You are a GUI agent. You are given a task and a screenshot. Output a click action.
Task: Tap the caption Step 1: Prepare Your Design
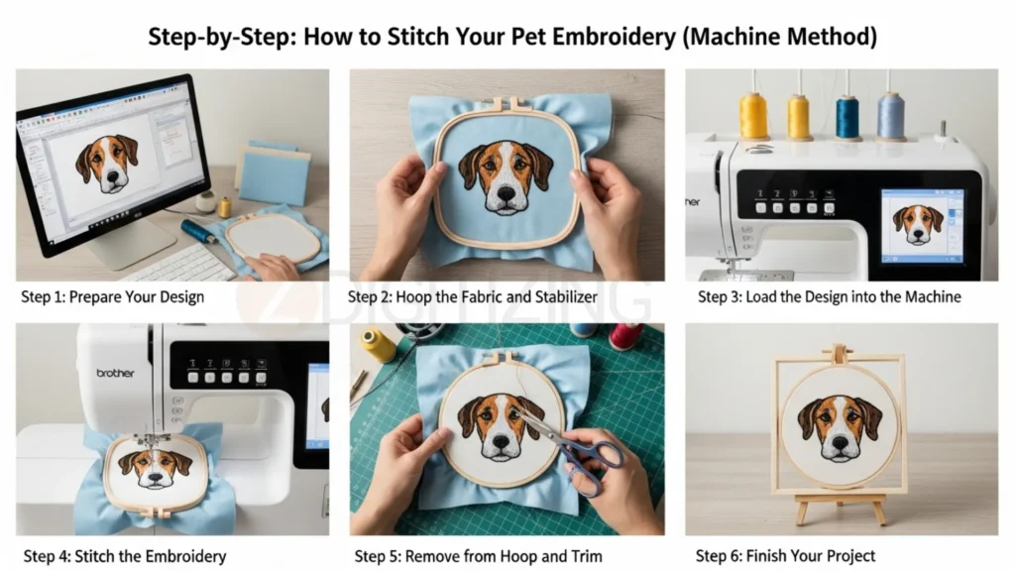coord(112,296)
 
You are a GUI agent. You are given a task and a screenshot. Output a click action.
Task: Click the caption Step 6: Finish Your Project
coord(785,555)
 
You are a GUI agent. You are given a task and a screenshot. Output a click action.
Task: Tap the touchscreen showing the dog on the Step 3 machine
coord(921,224)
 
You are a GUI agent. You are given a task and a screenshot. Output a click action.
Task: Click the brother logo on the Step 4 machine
coord(115,373)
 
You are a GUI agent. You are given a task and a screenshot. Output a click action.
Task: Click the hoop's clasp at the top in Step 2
coord(507,102)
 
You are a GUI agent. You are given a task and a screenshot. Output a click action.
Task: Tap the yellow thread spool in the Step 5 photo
coord(379,345)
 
